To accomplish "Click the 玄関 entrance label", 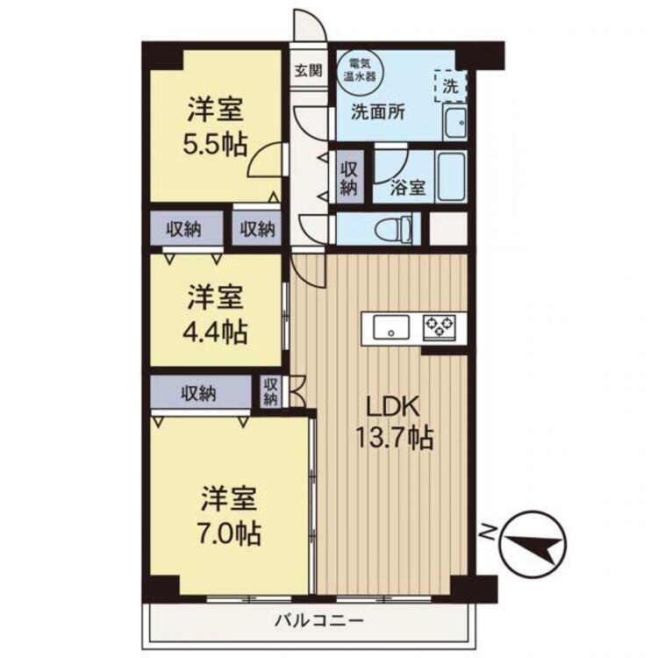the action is click(308, 70).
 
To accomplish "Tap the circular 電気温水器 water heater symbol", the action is click(360, 71).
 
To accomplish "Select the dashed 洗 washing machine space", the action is click(451, 86).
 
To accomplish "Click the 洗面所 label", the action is click(378, 112).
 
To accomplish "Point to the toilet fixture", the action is click(396, 228).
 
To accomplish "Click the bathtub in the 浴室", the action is click(451, 176).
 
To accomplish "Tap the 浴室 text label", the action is click(408, 188).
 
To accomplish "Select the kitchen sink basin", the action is click(391, 328).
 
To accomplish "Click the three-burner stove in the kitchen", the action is click(439, 327).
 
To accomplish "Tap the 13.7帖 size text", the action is click(394, 438).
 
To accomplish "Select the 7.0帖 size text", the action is click(229, 533).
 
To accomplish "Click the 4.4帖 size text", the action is click(214, 332).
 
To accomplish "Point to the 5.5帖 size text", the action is click(214, 144).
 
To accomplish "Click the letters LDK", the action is click(393, 406).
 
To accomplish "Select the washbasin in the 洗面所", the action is click(454, 123).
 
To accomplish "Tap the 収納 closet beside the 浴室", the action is click(348, 178).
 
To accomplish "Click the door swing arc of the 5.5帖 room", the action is click(264, 160).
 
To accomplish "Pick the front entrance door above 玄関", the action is click(310, 25).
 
